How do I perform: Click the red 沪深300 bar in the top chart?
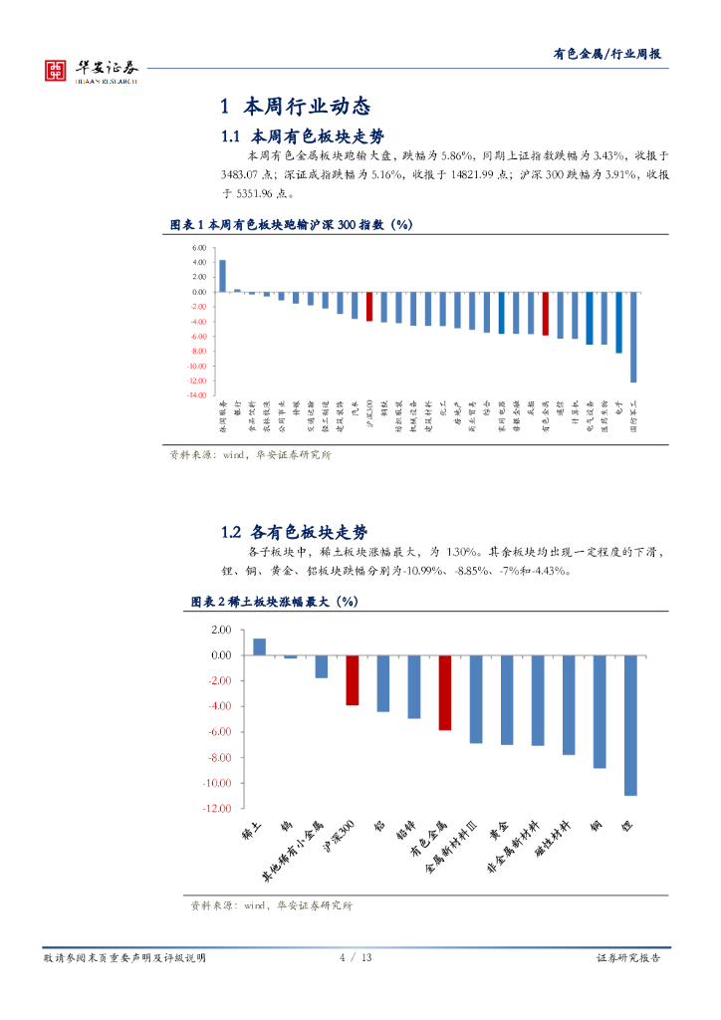368,306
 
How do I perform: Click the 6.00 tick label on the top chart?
200,248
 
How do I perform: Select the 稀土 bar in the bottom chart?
259,646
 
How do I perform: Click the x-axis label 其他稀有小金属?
292,853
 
